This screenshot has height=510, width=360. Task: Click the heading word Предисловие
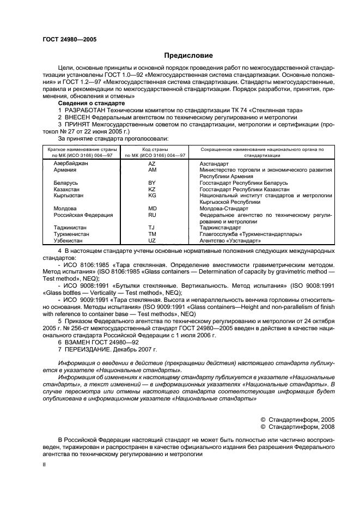point(188,56)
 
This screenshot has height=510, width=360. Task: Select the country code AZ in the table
point(152,163)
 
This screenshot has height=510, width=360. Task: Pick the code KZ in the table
point(152,189)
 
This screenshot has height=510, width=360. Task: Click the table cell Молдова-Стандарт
point(223,208)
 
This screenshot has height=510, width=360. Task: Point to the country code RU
point(152,215)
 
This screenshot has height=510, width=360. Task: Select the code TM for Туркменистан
point(152,234)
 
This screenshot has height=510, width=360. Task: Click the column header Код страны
point(156,149)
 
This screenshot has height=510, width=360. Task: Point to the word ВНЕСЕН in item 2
point(81,117)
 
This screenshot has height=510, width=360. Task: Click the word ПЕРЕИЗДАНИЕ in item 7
point(91,348)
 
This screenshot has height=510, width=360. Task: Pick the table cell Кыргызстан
point(69,196)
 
